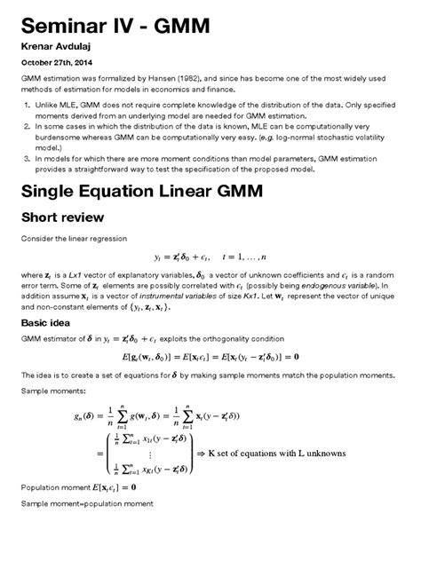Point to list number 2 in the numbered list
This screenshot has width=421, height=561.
pyautogui.click(x=27, y=128)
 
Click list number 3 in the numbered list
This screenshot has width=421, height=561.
pyautogui.click(x=27, y=157)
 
